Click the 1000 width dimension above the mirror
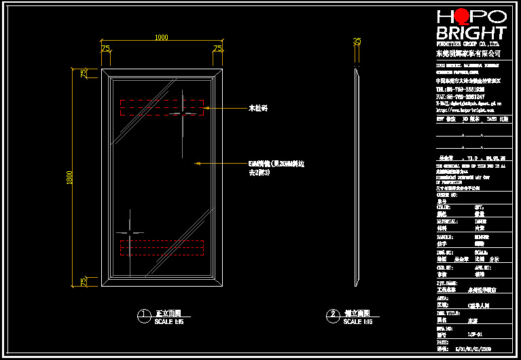click(x=161, y=37)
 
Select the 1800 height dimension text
click(x=69, y=177)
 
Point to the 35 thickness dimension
click(x=357, y=41)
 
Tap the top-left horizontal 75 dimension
click(x=105, y=48)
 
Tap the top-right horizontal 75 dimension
click(x=217, y=48)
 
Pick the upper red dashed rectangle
click(x=162, y=107)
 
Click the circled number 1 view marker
click(x=143, y=315)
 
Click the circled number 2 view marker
click(x=332, y=315)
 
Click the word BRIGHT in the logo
click(x=471, y=33)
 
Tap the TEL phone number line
click(x=460, y=88)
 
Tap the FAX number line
click(x=460, y=96)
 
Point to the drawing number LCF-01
click(x=475, y=334)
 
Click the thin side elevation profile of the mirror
click(x=357, y=177)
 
